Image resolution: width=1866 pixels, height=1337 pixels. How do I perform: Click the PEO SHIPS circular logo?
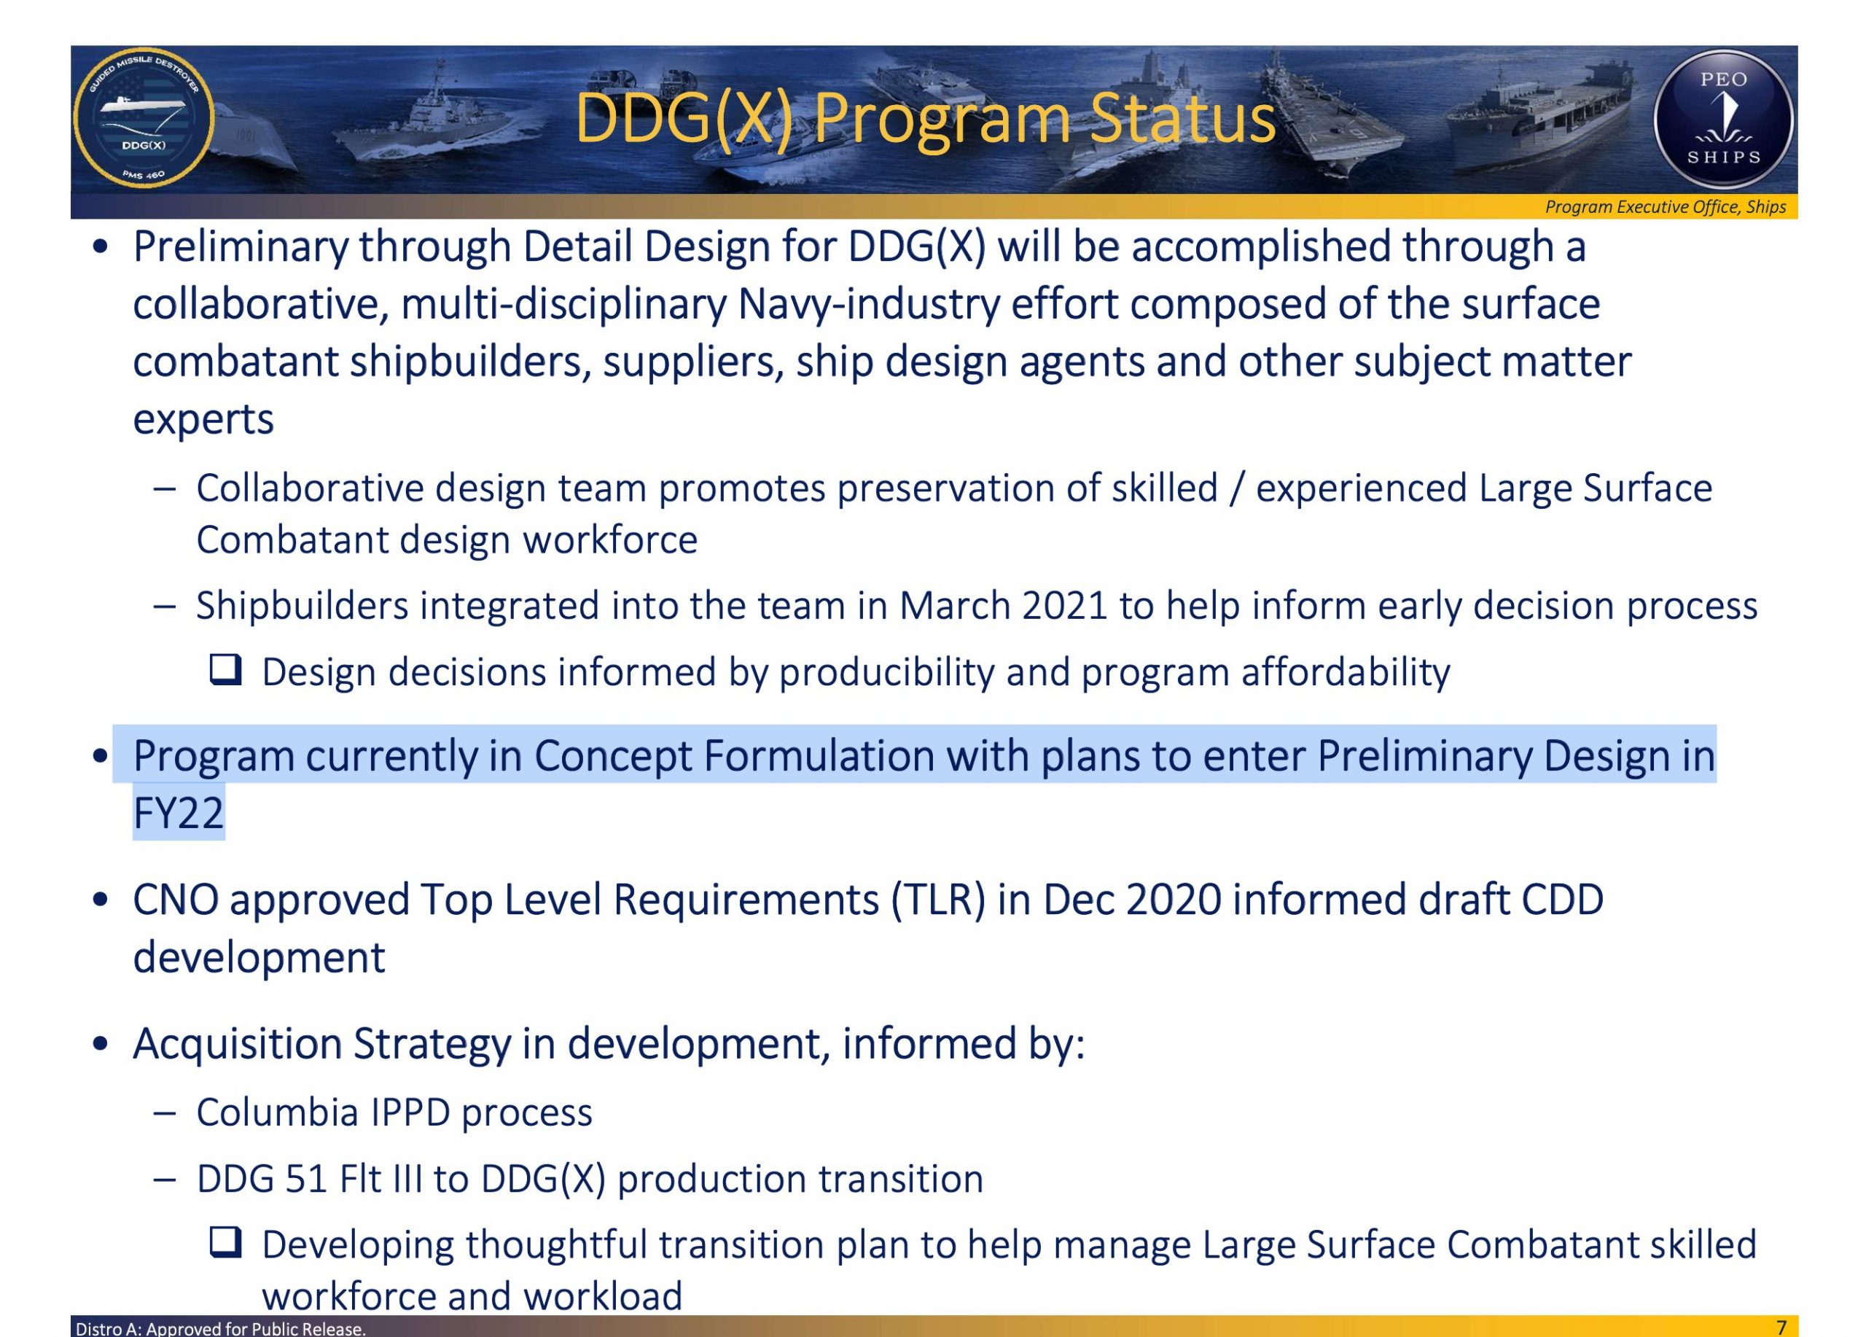(1723, 120)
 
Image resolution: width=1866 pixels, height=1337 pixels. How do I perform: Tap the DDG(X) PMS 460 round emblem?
(144, 117)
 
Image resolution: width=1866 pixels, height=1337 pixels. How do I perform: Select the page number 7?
(1781, 1327)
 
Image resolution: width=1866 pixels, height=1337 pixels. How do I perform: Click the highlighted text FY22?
(179, 813)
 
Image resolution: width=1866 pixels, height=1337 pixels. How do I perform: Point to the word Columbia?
(277, 1112)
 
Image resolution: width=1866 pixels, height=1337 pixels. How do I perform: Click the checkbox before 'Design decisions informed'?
(225, 670)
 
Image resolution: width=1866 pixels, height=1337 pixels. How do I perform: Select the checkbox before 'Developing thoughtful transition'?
(225, 1242)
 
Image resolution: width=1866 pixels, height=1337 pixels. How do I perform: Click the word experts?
(203, 420)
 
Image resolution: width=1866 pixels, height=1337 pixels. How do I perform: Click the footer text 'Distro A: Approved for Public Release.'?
(221, 1328)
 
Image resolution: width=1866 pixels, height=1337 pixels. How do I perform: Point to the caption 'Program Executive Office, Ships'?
(1666, 206)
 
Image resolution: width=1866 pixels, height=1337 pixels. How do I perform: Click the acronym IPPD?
(410, 1112)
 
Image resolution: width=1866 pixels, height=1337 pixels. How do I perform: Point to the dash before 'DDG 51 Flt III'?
(165, 1180)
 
